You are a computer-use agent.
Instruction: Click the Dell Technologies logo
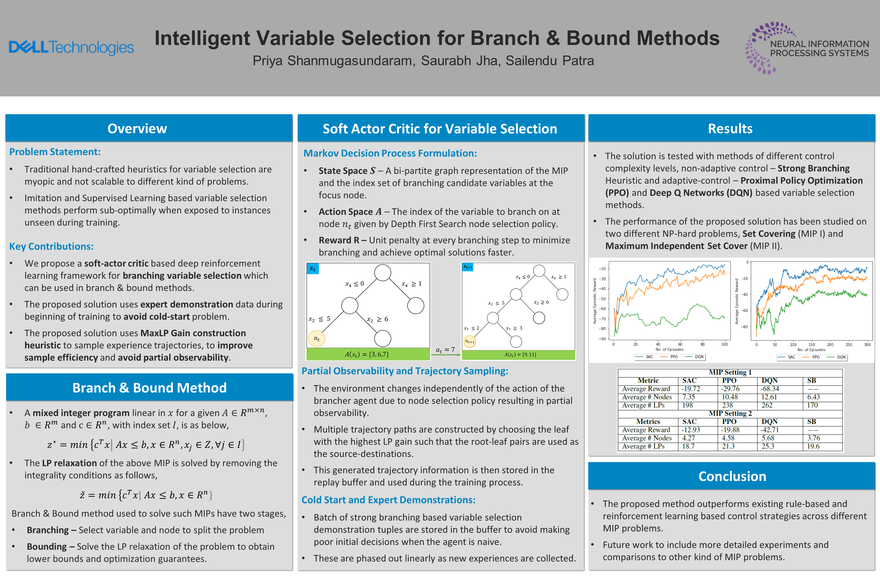(x=71, y=48)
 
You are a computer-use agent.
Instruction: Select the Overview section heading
(x=137, y=128)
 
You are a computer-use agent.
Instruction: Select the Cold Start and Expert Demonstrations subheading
(x=388, y=500)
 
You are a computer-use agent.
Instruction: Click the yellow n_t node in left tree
(x=317, y=339)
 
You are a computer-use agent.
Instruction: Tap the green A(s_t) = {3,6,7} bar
(x=368, y=354)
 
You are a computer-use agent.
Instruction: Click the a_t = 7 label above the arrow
(x=445, y=349)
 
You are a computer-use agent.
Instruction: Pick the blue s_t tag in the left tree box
(x=312, y=269)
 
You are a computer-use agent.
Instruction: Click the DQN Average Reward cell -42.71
(x=770, y=430)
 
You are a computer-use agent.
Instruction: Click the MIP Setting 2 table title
(x=730, y=413)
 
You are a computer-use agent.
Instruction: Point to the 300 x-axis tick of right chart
(x=867, y=345)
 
